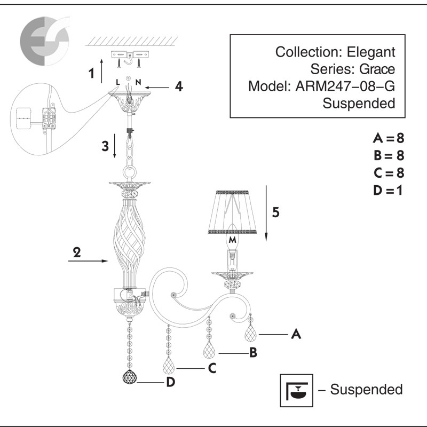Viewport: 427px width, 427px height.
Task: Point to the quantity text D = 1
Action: tap(388, 190)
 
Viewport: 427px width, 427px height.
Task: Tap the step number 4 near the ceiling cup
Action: tap(179, 86)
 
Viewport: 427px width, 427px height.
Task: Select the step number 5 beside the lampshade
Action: tap(275, 212)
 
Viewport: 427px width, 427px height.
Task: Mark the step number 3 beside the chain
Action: tap(106, 145)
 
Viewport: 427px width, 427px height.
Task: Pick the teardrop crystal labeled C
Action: tap(169, 367)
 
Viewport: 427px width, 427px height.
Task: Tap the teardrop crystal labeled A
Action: tap(251, 335)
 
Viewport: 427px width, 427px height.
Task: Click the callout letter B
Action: tap(254, 353)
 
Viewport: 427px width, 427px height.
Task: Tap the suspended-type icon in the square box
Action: tap(296, 389)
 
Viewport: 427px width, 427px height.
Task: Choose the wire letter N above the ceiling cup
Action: tap(138, 82)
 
